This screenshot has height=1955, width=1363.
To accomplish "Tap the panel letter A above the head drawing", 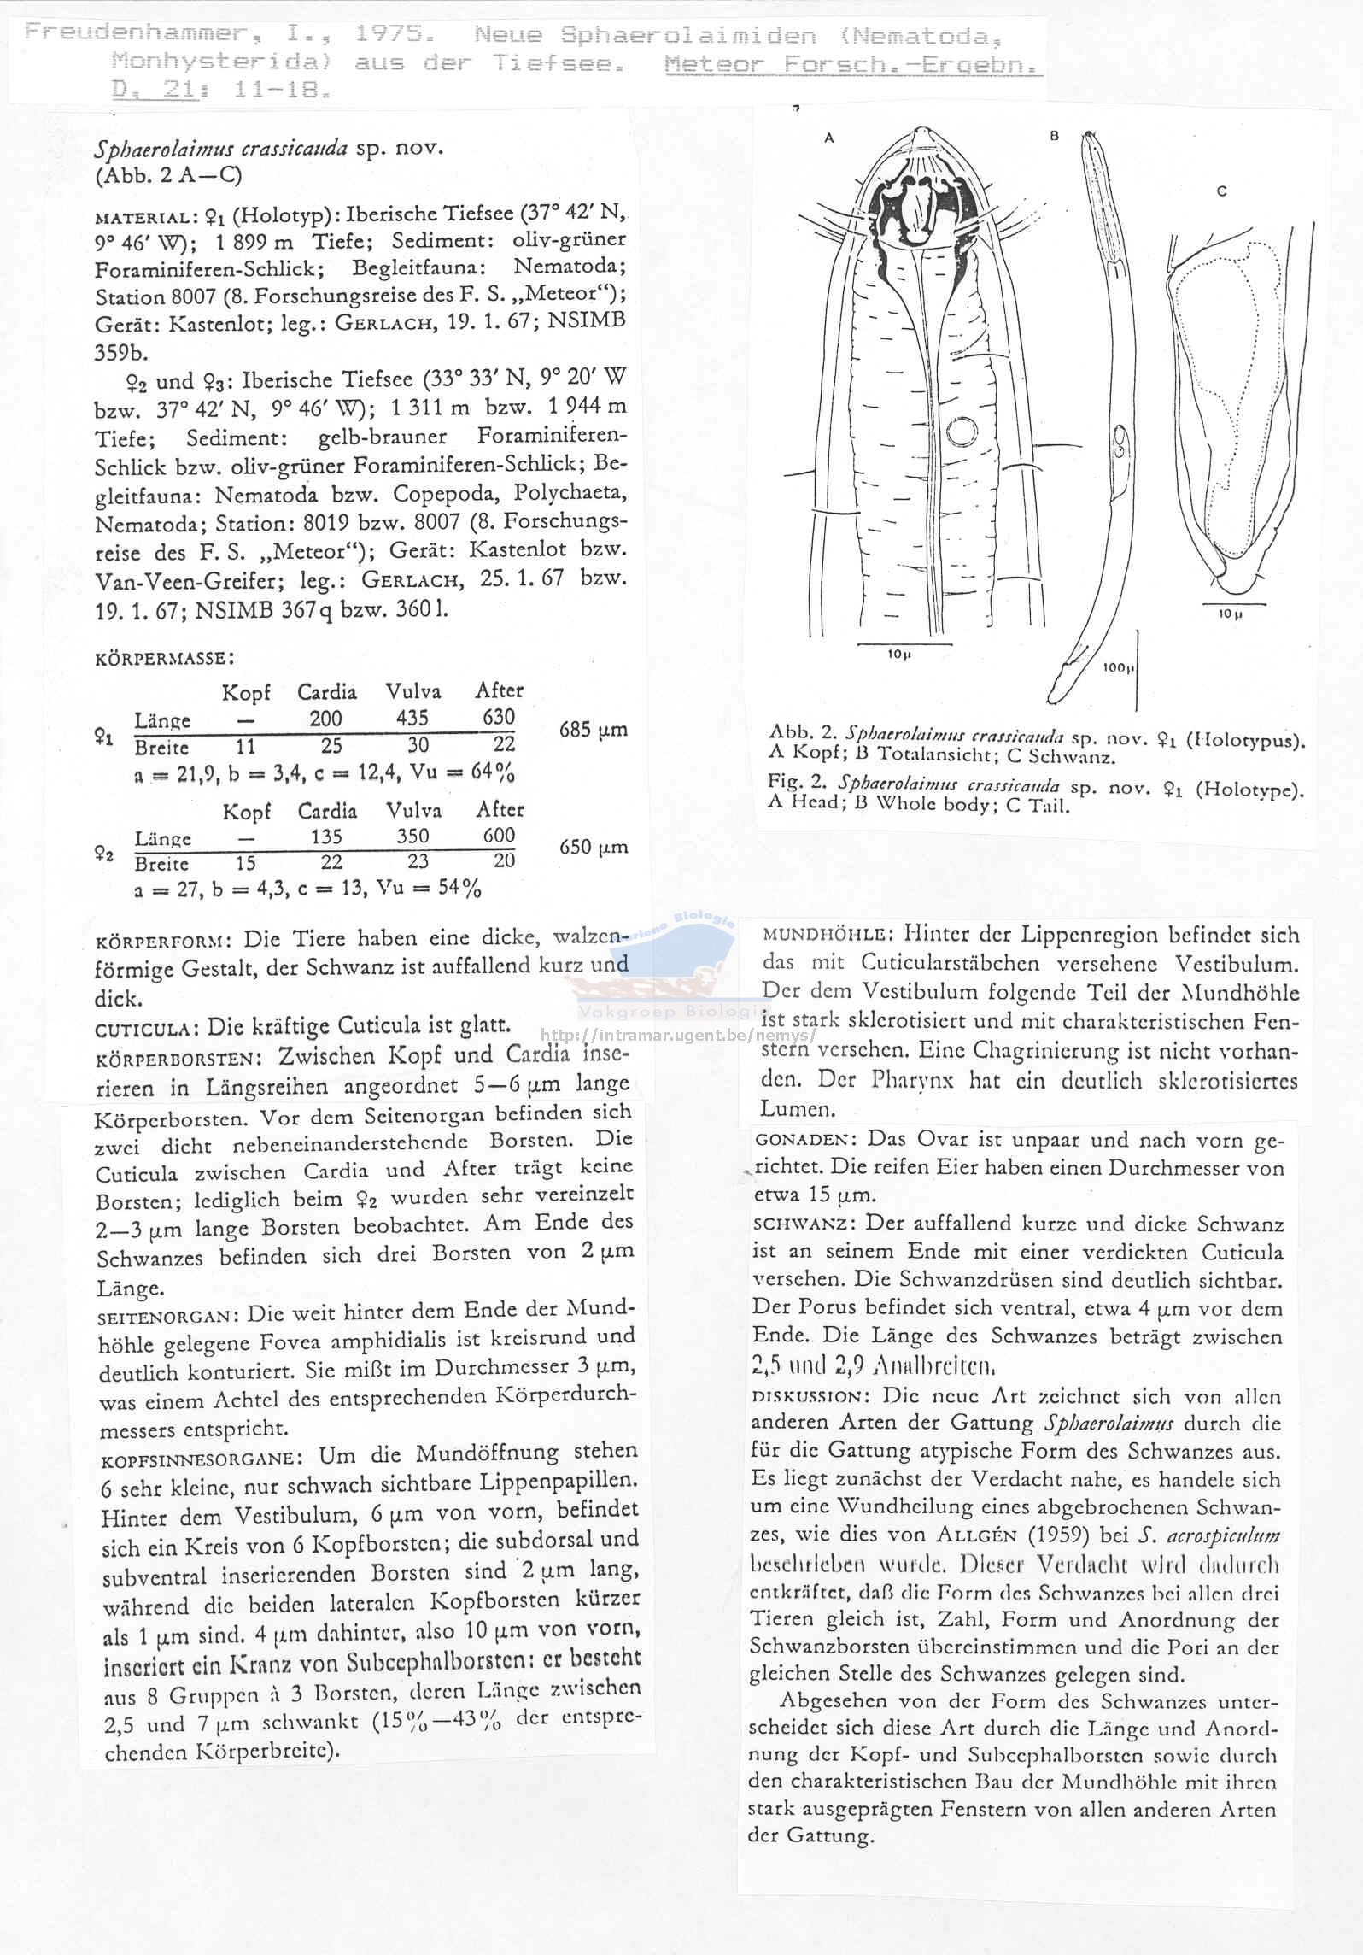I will coord(828,137).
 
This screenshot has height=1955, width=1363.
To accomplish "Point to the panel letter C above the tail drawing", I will coord(1222,191).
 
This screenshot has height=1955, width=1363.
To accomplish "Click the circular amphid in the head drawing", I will coord(962,432).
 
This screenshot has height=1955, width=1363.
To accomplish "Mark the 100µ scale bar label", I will coord(1117,667).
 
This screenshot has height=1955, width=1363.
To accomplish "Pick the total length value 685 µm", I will coord(593,730).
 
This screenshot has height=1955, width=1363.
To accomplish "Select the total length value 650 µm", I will coord(593,847).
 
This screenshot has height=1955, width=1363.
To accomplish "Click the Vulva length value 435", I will coord(412,718).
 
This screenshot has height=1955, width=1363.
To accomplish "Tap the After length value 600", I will coord(499,835).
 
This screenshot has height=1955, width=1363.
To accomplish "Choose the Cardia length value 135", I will coord(327,836).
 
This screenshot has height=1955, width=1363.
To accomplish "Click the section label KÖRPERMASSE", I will coord(164,659).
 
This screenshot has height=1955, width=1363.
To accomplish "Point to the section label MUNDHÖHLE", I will coord(827,935).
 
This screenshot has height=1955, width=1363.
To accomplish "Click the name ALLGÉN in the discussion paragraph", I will coord(976,1534).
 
